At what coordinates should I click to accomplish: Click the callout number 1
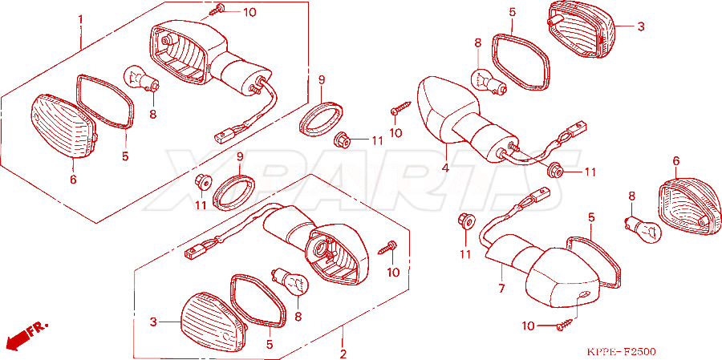point(80,20)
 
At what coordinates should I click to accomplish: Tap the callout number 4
point(445,168)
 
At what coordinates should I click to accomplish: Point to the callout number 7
point(501,289)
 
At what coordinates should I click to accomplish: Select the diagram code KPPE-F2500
point(621,352)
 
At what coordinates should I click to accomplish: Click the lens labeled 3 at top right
point(580,29)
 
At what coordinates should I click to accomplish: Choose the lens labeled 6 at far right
point(690,207)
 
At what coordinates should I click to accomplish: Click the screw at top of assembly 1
point(216,10)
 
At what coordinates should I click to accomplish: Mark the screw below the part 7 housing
point(566,324)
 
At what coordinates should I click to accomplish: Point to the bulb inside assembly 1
point(142,79)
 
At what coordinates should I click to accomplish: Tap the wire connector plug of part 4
point(578,126)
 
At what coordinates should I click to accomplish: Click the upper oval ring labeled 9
point(322,120)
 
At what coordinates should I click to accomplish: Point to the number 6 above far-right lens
point(676,161)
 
